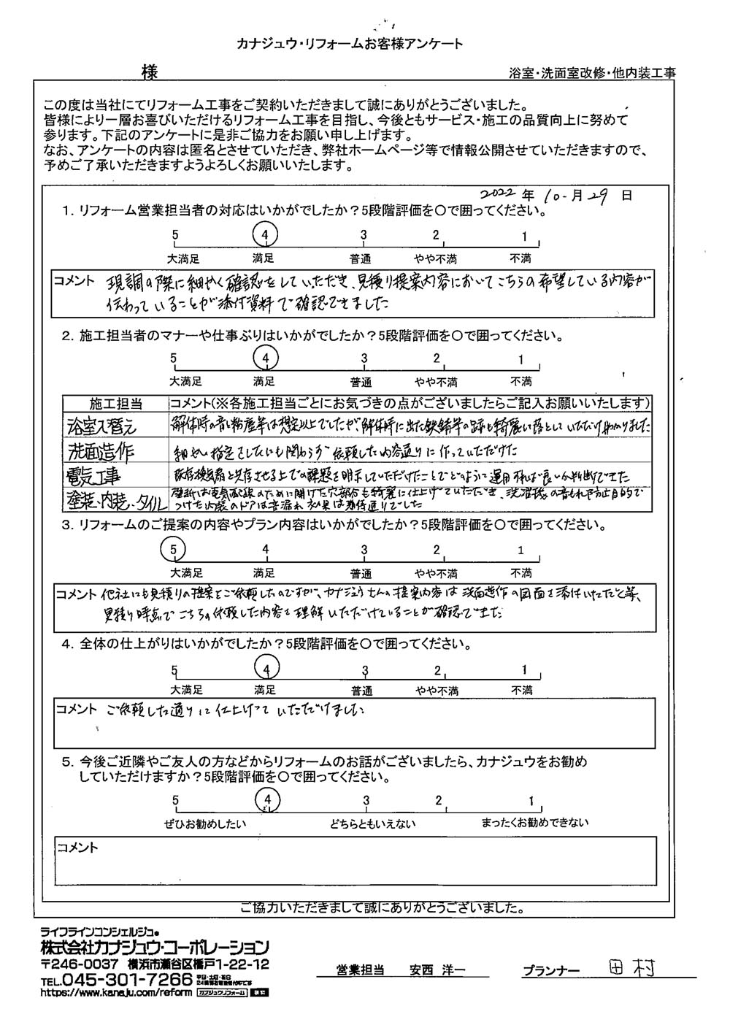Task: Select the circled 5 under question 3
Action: pos(174,549)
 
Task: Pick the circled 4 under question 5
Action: pos(269,801)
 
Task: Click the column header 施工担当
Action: pos(116,404)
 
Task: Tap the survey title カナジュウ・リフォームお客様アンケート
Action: pos(350,45)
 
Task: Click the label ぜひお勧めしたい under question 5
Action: pos(206,823)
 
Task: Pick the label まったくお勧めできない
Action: pos(534,823)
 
